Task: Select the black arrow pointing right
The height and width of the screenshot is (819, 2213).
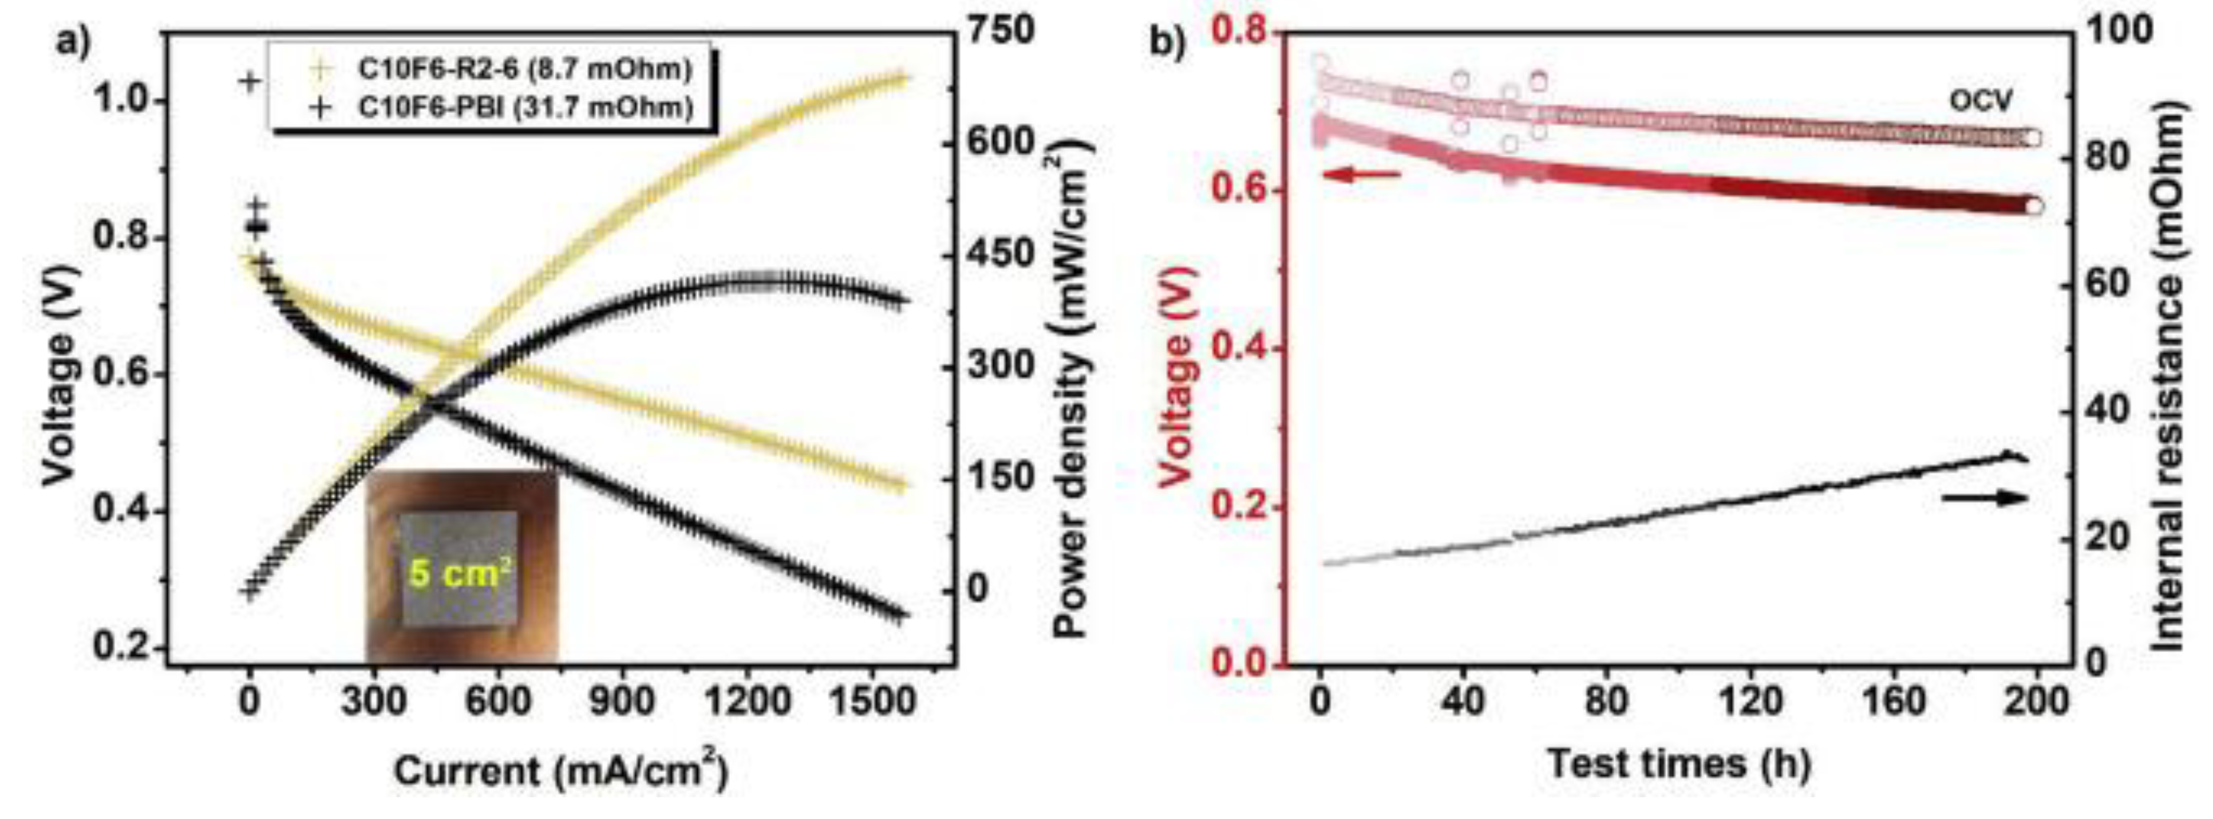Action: pyautogui.click(x=1985, y=498)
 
